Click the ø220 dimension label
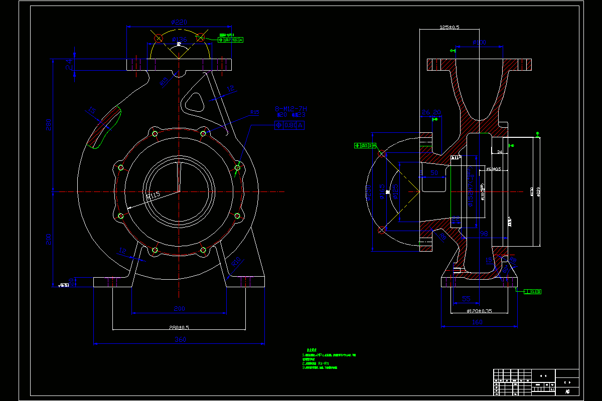click(179, 22)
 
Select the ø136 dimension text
click(179, 39)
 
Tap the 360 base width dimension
click(180, 339)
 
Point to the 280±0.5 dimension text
click(179, 327)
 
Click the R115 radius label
click(153, 195)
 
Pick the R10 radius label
click(236, 262)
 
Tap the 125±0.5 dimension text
click(449, 27)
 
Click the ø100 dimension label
click(480, 43)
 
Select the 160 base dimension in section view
click(477, 322)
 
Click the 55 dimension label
click(466, 299)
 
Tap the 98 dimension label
click(484, 234)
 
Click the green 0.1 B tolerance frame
click(533, 291)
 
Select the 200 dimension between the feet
click(179, 308)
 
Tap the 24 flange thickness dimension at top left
click(69, 64)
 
